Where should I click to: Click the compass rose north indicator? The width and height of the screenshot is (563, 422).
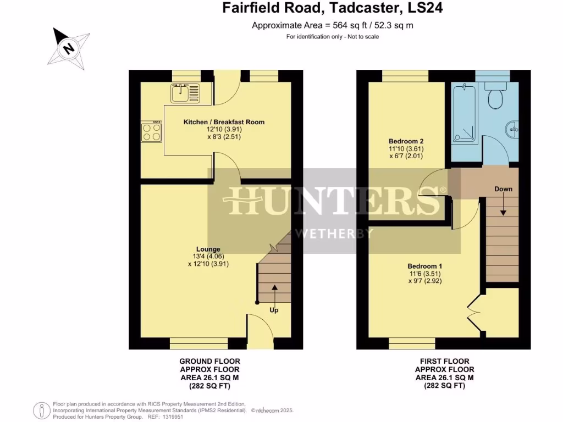(69, 48)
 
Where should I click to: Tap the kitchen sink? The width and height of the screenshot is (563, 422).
(187, 93)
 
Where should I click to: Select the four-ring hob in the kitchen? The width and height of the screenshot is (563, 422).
(152, 131)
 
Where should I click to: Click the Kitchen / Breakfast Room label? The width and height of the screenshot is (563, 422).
(224, 121)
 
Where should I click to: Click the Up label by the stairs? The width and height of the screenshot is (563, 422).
(274, 310)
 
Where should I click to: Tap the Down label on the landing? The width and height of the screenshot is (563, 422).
(503, 189)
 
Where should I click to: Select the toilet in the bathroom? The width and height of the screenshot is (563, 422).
(495, 96)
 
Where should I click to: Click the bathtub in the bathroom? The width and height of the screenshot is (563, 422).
(463, 113)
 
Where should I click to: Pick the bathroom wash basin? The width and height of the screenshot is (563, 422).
(512, 130)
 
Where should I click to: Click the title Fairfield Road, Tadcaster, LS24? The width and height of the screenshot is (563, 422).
(333, 8)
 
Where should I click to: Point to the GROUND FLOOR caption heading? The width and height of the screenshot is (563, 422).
(209, 361)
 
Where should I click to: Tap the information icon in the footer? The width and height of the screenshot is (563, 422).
(42, 409)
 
